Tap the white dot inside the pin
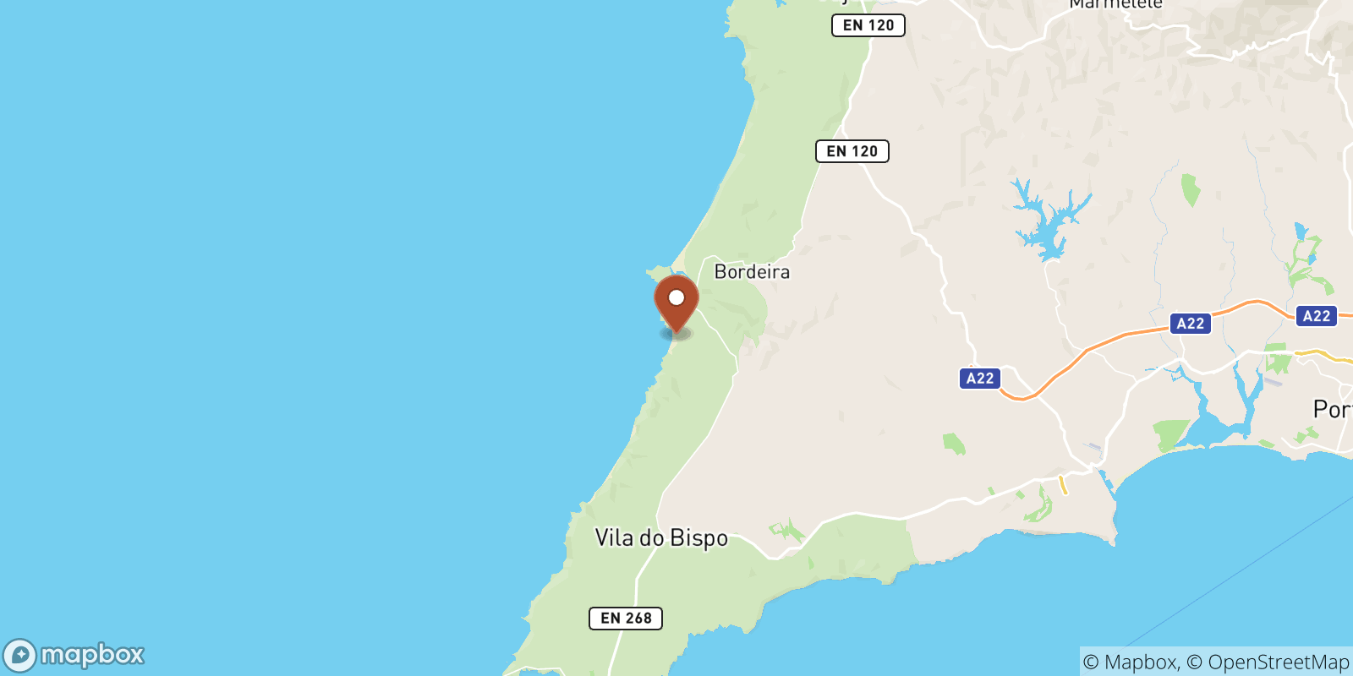tap(676, 297)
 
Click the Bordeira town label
tap(752, 272)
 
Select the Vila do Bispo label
tap(661, 538)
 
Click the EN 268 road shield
tap(626, 619)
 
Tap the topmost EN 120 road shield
tap(868, 25)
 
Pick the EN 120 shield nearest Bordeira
tap(852, 151)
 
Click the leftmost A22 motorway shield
tap(980, 379)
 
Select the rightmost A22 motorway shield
tap(1317, 316)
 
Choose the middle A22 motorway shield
tap(1191, 324)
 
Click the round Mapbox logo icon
tap(19, 656)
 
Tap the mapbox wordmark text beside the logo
tap(93, 655)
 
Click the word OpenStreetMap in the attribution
tap(1279, 662)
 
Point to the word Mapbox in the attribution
tap(1141, 662)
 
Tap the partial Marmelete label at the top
tap(1115, 5)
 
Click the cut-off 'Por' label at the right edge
tap(1333, 410)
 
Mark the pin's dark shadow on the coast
tap(676, 334)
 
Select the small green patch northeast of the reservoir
tap(1191, 189)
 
